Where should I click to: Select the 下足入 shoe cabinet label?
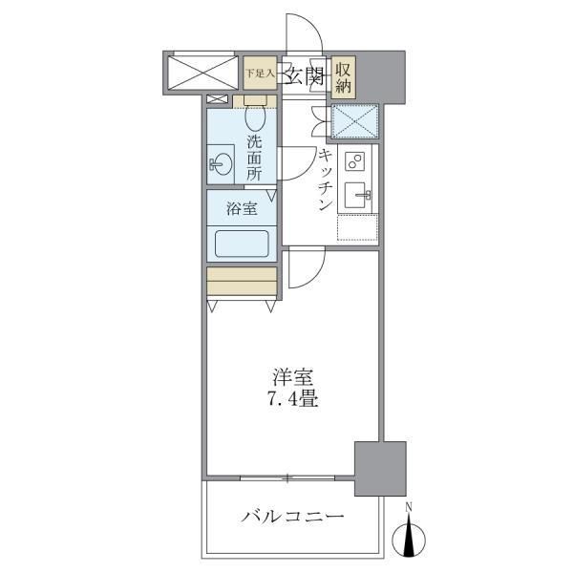pos(259,72)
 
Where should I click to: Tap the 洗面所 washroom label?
pos(254,159)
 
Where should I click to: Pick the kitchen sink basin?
pos(361,196)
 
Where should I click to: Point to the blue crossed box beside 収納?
pos(355,120)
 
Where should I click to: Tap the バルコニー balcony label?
pos(292,518)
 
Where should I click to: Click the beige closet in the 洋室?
pos(242,282)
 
